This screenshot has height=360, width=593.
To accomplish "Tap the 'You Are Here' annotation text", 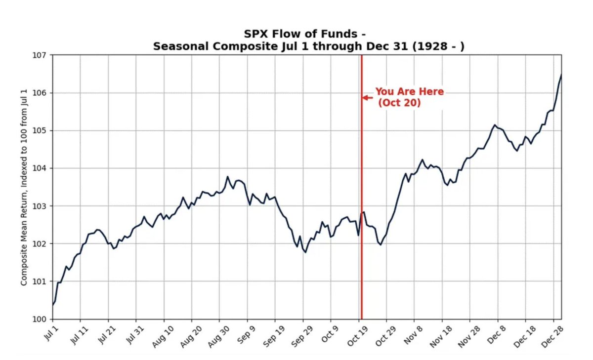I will pyautogui.click(x=409, y=92).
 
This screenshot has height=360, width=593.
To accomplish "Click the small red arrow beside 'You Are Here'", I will pyautogui.click(x=367, y=98).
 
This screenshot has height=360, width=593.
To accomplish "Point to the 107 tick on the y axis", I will pyautogui.click(x=41, y=55).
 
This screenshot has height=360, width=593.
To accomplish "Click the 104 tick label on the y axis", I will pyautogui.click(x=41, y=168).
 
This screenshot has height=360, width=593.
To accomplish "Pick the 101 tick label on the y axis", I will pyautogui.click(x=41, y=281).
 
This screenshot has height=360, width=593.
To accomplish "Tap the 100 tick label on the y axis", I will pyautogui.click(x=41, y=319).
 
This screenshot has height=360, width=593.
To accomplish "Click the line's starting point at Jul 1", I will pyautogui.click(x=53, y=305).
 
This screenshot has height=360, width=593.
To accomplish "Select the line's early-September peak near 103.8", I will pyautogui.click(x=228, y=176).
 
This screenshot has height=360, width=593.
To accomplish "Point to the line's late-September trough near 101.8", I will pyautogui.click(x=305, y=252).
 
